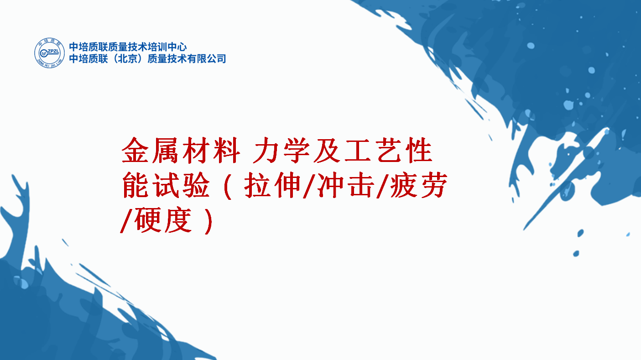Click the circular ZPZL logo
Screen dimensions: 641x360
tap(49, 52)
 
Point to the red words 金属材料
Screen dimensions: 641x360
tap(181, 150)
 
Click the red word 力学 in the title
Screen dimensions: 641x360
tap(281, 150)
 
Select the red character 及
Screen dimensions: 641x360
tap(327, 150)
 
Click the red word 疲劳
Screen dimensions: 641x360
tap(418, 185)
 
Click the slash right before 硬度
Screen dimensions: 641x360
tap(126, 220)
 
